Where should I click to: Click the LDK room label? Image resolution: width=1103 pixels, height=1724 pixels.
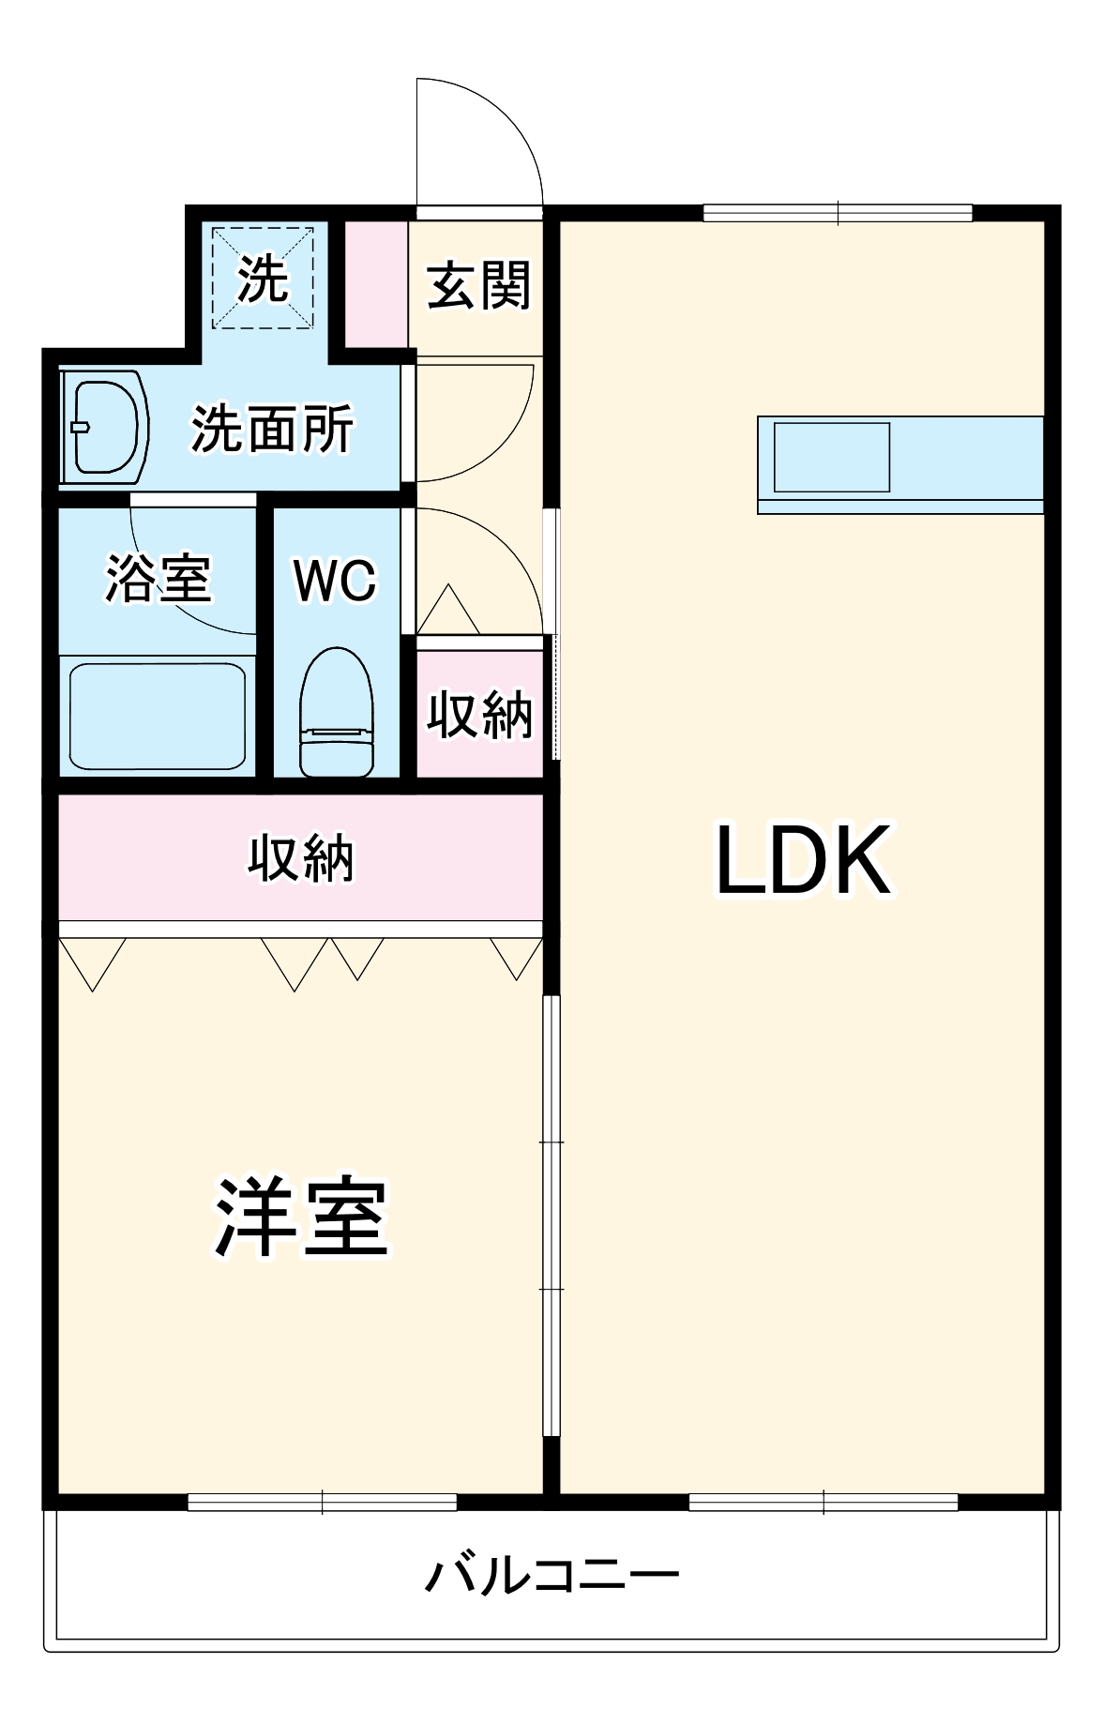(803, 860)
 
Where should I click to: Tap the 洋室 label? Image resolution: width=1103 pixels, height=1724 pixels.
(302, 1217)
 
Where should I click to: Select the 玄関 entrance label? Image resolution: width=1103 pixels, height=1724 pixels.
(478, 285)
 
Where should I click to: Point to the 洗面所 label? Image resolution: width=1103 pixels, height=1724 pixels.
(272, 429)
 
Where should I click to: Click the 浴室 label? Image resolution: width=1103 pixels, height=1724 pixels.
(158, 578)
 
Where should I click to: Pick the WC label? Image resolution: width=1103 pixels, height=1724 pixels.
(335, 581)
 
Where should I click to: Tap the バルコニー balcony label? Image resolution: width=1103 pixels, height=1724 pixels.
(551, 1575)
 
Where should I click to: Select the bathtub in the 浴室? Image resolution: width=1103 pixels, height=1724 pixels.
(158, 717)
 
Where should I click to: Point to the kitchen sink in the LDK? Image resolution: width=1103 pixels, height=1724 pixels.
(831, 457)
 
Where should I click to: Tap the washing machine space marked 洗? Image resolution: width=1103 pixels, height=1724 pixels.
(262, 278)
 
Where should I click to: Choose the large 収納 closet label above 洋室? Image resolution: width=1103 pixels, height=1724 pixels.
(300, 858)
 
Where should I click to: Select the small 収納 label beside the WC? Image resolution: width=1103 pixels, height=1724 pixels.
(479, 715)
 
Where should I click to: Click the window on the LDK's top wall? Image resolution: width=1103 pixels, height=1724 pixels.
(837, 213)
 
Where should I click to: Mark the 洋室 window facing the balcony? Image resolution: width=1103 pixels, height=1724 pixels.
(322, 1502)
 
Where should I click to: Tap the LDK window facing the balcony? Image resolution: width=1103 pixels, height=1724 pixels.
(823, 1502)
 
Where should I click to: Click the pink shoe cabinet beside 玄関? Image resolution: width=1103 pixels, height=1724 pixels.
(376, 283)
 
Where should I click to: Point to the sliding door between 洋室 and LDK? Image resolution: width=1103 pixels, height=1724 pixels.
(551, 1215)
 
